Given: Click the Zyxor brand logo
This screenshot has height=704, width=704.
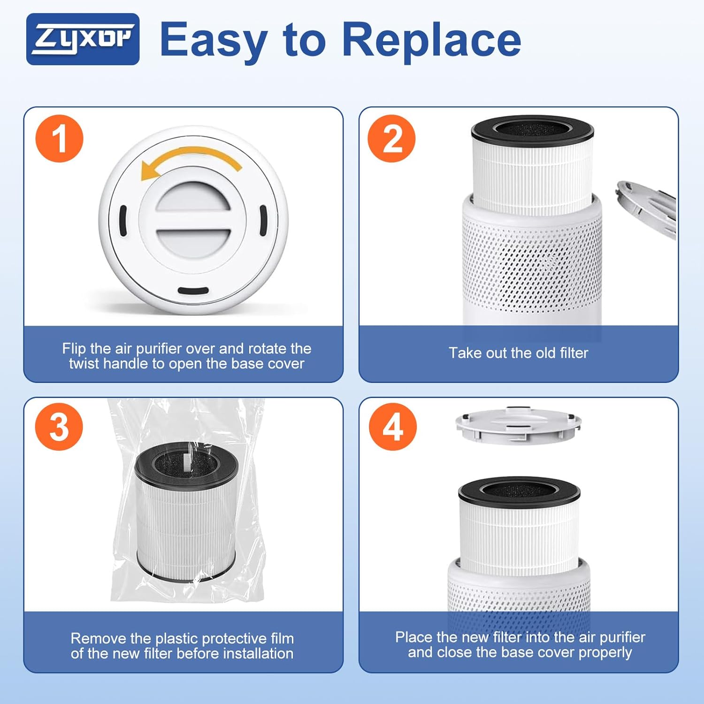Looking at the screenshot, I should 83,39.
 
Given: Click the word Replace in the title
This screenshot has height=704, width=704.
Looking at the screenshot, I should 432,40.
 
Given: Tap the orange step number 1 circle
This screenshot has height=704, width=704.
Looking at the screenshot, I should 59,138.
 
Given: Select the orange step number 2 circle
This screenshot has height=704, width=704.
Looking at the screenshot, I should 391,138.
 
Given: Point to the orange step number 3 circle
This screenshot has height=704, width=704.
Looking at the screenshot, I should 59,427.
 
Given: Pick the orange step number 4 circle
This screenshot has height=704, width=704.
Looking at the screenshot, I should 392,427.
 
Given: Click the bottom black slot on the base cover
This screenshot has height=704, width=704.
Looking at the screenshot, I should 193,291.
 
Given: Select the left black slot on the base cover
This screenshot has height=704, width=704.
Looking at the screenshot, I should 123,221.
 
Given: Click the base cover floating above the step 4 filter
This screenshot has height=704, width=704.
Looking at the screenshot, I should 518,425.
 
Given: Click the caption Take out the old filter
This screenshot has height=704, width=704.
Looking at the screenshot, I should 518,353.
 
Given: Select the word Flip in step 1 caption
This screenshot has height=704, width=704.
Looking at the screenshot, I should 74,348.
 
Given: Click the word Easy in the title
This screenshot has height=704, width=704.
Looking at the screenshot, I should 214,40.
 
